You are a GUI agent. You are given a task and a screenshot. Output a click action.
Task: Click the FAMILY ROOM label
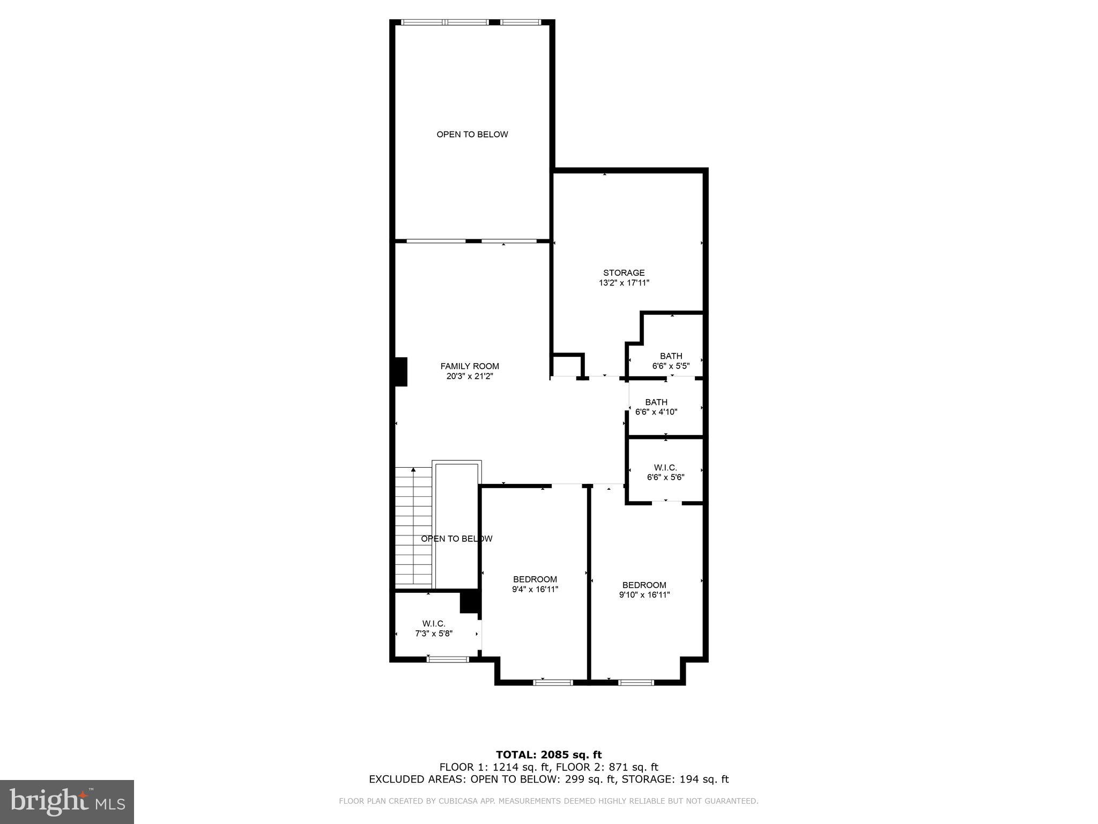click(x=470, y=366)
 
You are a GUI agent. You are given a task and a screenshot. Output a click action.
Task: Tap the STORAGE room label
click(x=624, y=273)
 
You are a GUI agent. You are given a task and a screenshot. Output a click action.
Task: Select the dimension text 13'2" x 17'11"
click(x=624, y=283)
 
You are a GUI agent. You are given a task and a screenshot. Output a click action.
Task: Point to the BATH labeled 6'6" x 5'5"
click(x=671, y=356)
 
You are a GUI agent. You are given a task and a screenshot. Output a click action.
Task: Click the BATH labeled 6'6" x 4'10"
click(x=656, y=402)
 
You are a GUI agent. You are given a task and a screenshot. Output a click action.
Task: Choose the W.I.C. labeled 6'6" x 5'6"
click(x=665, y=468)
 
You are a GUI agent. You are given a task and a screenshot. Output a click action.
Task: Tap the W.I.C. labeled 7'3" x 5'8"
click(x=434, y=623)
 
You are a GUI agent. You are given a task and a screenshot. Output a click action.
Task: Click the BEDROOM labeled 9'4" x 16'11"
click(x=535, y=579)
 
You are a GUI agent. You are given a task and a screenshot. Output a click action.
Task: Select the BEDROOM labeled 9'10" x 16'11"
click(x=644, y=585)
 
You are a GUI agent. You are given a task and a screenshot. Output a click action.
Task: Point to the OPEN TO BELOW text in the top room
click(x=472, y=134)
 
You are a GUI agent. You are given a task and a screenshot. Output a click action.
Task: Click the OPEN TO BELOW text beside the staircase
click(x=456, y=539)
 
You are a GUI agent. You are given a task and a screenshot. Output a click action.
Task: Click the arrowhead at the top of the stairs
click(x=413, y=470)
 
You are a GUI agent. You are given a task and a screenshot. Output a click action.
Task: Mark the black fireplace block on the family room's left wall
click(x=401, y=371)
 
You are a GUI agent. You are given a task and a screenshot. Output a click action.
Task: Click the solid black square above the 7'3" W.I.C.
click(x=470, y=601)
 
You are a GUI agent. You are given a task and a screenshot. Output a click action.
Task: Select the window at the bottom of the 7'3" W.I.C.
click(x=448, y=659)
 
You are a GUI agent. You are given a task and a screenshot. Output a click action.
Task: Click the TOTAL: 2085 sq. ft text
click(x=548, y=755)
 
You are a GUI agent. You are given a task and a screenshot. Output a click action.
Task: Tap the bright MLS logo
click(x=67, y=801)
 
